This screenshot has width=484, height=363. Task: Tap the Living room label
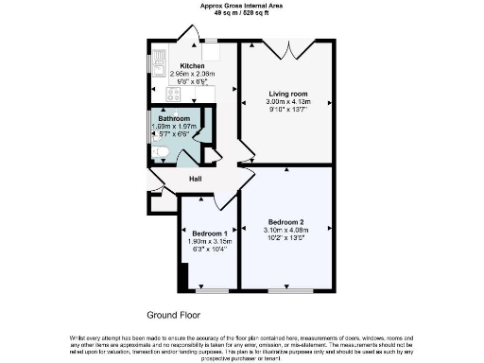[289, 94]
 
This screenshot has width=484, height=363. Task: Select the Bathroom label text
[174, 118]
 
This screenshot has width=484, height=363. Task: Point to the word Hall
[196, 180]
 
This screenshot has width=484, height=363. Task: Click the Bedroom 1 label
[209, 233]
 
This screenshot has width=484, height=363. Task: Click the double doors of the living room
[287, 47]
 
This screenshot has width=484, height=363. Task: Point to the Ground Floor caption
[174, 314]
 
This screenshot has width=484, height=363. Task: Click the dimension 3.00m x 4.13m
[289, 101]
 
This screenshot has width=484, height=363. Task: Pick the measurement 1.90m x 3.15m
[209, 240]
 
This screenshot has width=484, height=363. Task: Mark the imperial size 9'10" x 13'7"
[289, 109]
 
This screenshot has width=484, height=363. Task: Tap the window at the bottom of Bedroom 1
[209, 290]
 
